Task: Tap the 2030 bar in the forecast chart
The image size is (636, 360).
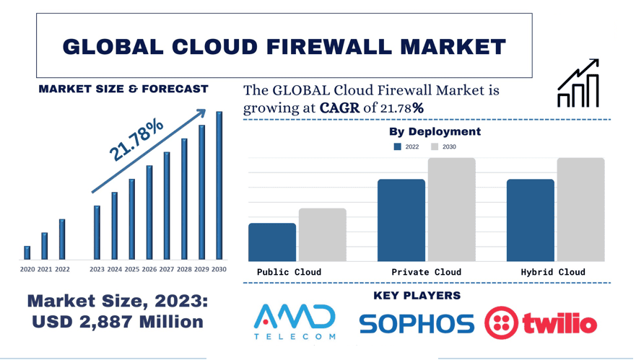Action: point(219,185)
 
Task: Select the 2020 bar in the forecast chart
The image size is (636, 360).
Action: point(27,253)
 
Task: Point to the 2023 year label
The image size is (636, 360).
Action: point(97,270)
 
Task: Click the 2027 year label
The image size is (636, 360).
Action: point(167,270)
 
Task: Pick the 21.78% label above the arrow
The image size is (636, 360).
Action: point(136,139)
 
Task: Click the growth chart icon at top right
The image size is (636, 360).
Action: point(578,84)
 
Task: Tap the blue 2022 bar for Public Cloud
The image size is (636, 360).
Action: point(272,242)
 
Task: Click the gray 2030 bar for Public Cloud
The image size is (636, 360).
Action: point(323,235)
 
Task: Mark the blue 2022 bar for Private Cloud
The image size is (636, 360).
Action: point(401,220)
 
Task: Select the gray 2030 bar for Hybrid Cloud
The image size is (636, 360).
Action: point(580,209)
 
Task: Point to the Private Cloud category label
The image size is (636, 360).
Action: point(426,272)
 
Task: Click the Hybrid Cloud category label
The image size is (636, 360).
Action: point(553,272)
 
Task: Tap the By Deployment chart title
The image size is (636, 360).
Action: point(435,131)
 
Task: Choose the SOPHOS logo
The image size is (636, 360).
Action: point(417,324)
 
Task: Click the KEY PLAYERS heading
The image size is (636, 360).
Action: point(417,296)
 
